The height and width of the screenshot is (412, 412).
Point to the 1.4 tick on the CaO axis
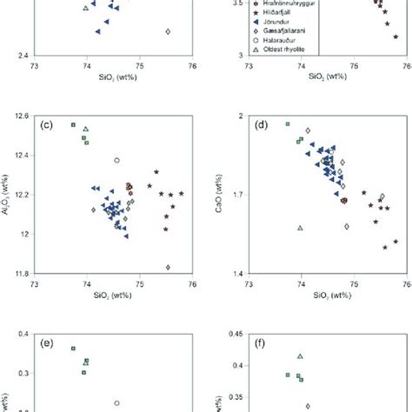click(236, 273)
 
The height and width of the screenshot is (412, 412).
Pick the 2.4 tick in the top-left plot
click(21, 55)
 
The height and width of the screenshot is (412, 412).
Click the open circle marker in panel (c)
click(116, 160)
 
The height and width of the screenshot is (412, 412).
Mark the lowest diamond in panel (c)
click(167, 267)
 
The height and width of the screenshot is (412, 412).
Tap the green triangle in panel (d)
click(300, 228)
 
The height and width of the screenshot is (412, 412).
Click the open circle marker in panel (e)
click(116, 402)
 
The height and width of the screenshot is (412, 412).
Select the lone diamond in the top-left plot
click(167, 31)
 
